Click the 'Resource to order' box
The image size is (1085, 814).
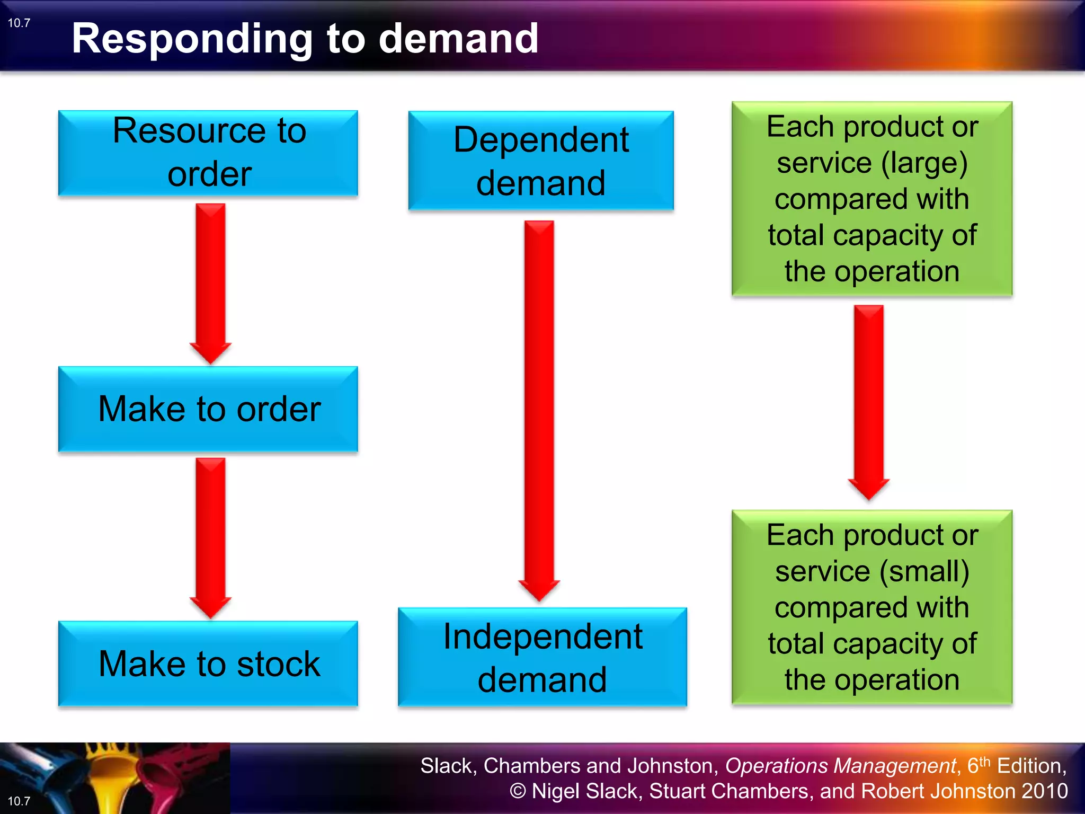point(208,153)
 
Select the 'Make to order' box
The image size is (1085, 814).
point(208,409)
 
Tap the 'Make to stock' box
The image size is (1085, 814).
point(208,663)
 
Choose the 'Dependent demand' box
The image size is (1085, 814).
point(541,161)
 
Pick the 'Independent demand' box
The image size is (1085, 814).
point(542,657)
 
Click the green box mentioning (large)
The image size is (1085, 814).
point(872,199)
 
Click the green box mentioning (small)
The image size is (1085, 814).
point(872,607)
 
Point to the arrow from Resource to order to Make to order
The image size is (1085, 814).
point(210,281)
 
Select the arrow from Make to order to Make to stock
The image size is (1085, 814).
point(210,535)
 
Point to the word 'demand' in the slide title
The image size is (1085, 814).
point(458,39)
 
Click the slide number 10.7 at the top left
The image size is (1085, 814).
point(19,23)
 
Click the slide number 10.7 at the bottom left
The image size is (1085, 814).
point(19,801)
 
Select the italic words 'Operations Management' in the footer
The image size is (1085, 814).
point(840,766)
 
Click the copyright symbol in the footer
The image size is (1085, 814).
point(518,791)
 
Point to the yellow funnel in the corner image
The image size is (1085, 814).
point(114,779)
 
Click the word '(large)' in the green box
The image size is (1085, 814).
point(925,163)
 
